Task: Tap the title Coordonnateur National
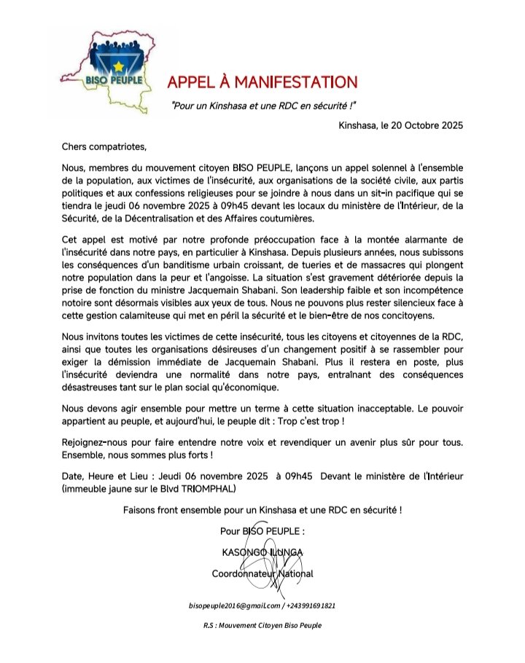click(262, 573)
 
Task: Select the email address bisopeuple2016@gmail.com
click(233, 605)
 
